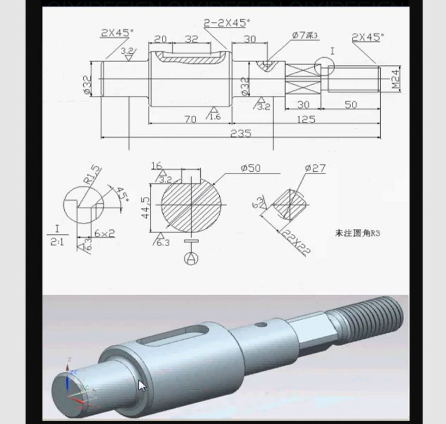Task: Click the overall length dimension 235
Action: [x=240, y=133]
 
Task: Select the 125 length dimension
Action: [x=306, y=119]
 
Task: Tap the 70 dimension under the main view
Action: [x=190, y=119]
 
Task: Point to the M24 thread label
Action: [x=395, y=79]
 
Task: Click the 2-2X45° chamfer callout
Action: [x=227, y=23]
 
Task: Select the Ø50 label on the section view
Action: [x=250, y=168]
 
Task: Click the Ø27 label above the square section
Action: [x=315, y=168]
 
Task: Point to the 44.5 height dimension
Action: [x=145, y=207]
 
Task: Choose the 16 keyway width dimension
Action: [x=157, y=166]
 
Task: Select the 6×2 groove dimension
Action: [x=104, y=233]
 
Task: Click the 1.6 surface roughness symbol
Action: [x=214, y=115]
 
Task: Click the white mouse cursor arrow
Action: [x=142, y=386]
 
